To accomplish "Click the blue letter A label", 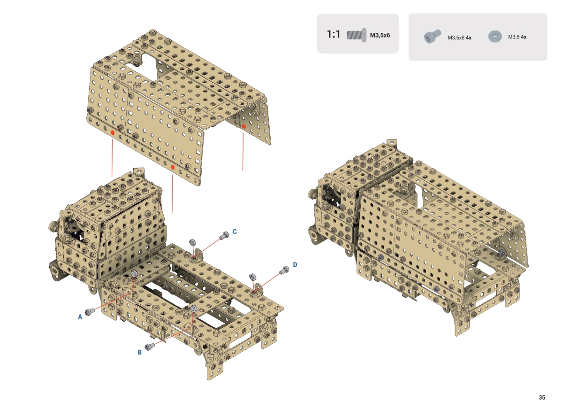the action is tap(80, 317).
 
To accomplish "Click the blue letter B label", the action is tap(139, 353).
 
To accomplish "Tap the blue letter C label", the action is tap(235, 232).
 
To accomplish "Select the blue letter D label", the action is tap(295, 264).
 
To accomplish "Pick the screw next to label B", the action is tap(150, 347).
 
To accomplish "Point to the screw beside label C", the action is tap(224, 235).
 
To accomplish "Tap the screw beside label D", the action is tap(284, 270).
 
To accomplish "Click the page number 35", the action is tap(542, 397).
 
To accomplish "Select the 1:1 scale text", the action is tap(334, 34).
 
